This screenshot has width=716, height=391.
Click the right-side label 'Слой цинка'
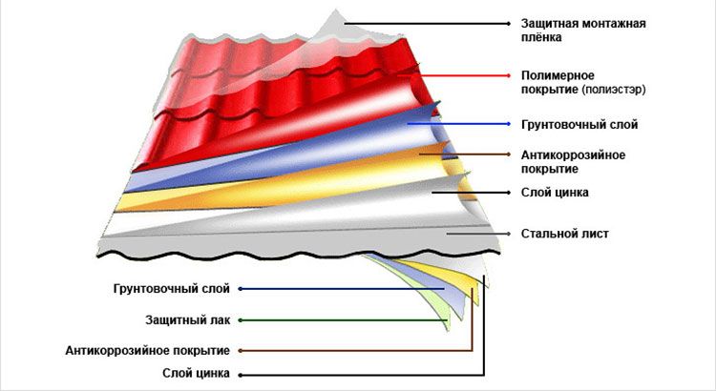[x=555, y=193]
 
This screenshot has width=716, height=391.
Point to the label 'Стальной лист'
[x=564, y=233]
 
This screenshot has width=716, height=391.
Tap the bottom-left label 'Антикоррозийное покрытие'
[x=148, y=350]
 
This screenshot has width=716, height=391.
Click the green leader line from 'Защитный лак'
[x=344, y=319]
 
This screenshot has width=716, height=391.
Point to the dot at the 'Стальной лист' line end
[x=514, y=233]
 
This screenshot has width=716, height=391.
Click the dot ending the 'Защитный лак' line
[x=240, y=319]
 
